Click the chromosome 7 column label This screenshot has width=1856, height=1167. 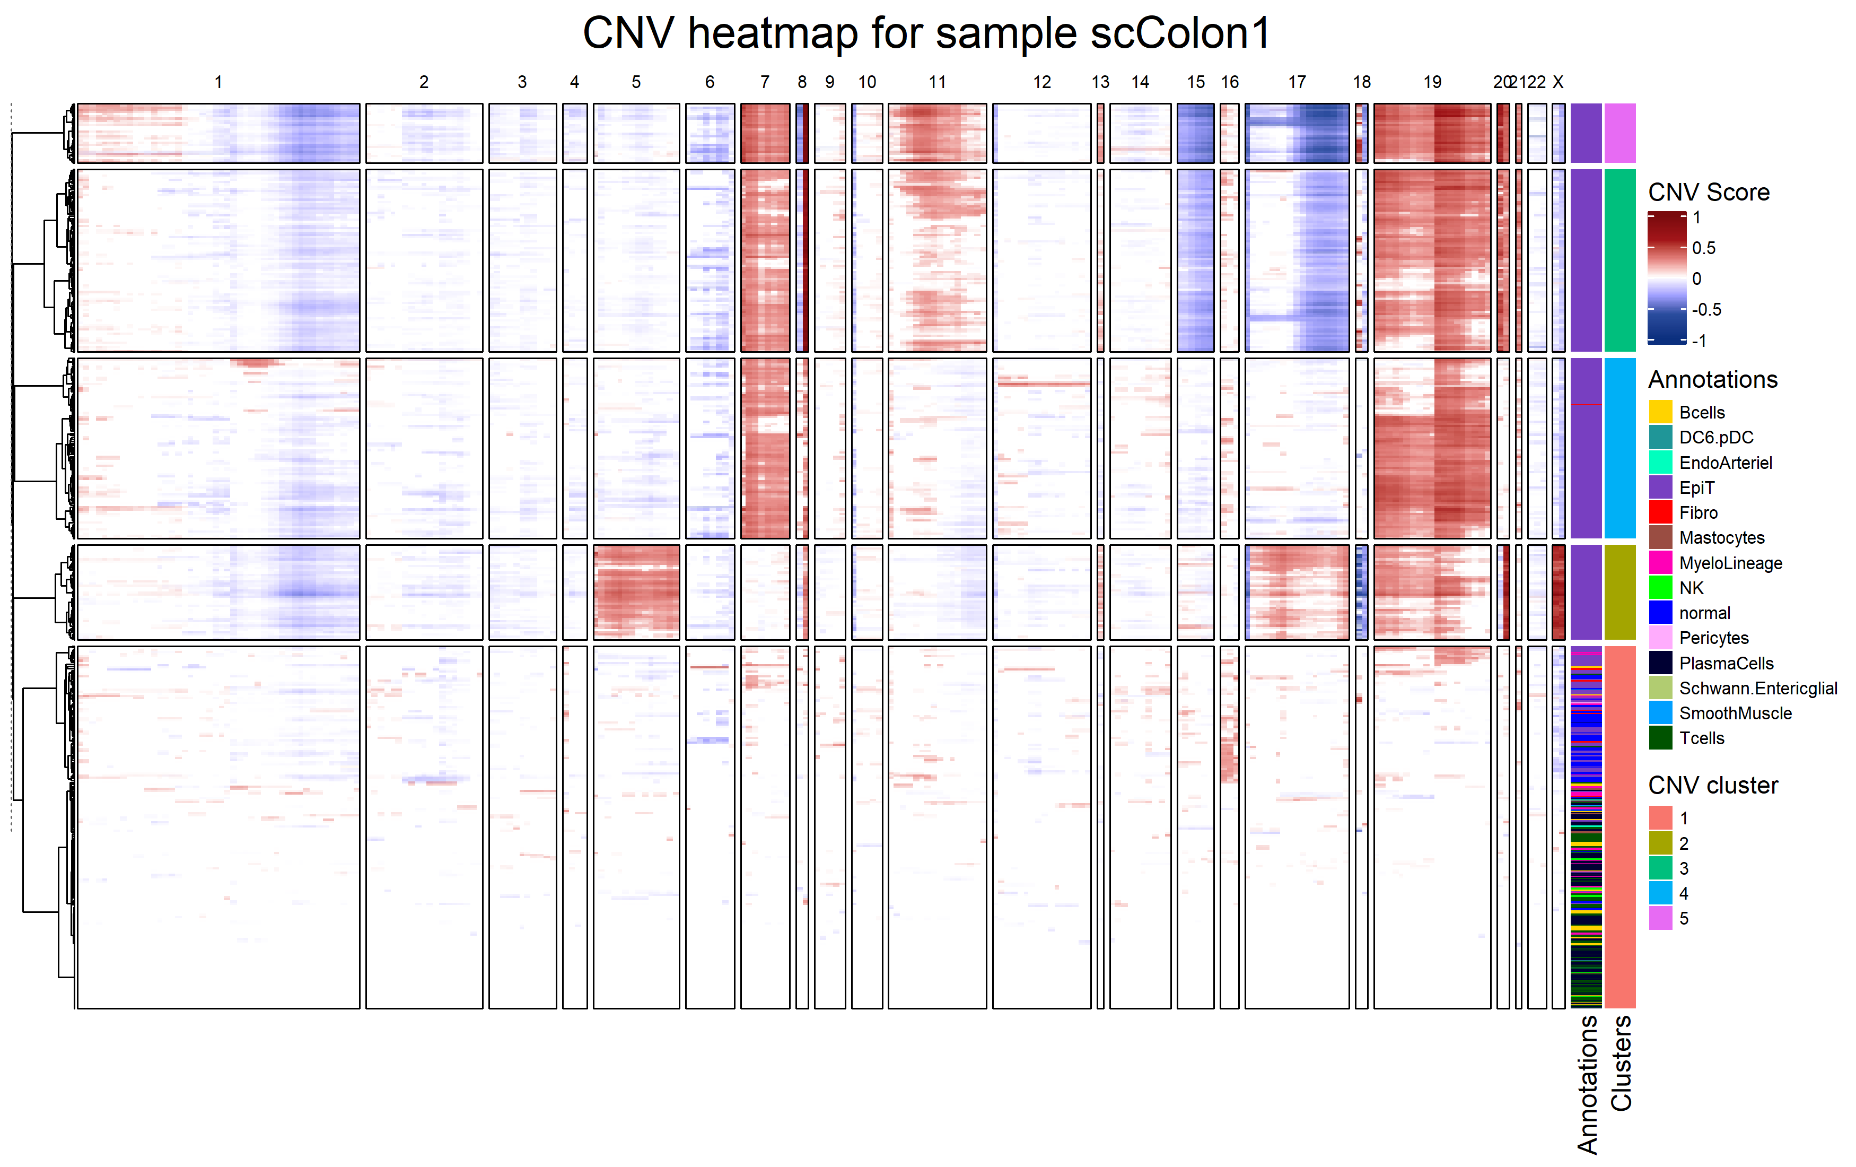coord(765,82)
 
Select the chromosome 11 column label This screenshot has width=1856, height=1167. coord(937,82)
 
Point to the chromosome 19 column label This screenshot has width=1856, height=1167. coord(1432,82)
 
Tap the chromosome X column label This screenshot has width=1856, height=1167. coord(1558,82)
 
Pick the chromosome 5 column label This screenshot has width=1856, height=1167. coord(636,82)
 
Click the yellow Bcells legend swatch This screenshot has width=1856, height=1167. coord(1660,412)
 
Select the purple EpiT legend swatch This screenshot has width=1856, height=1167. coord(1660,487)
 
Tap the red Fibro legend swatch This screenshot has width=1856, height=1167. coord(1660,512)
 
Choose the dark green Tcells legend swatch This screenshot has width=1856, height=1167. coord(1660,738)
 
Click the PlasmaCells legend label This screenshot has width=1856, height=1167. coord(1726,664)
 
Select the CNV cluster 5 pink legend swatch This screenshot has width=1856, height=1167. coord(1660,918)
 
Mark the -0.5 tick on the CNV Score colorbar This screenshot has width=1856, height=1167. coord(1706,310)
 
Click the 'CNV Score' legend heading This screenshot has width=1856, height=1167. coord(1708,192)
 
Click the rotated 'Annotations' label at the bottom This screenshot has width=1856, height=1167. coord(1587,1084)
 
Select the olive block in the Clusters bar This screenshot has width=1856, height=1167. coord(1619,592)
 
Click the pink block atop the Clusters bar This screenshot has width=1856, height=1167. coord(1619,133)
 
